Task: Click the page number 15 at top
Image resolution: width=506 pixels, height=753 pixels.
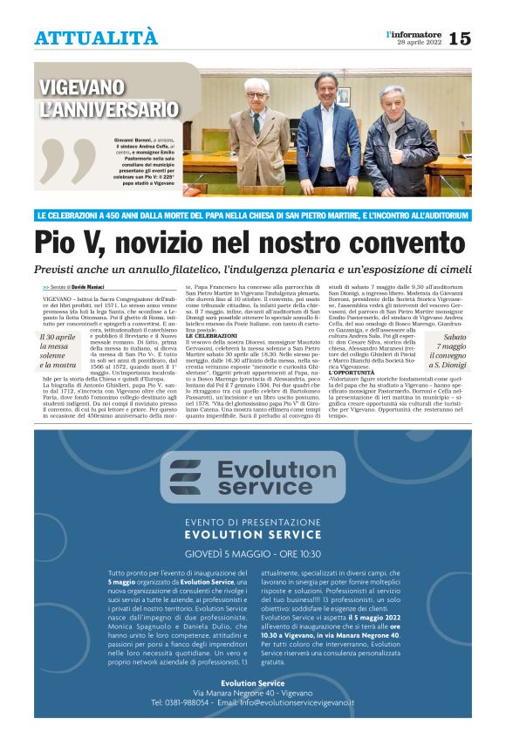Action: coord(460,38)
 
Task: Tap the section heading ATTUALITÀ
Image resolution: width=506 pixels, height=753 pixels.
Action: coord(96,38)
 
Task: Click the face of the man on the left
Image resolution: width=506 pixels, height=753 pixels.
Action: coord(256,91)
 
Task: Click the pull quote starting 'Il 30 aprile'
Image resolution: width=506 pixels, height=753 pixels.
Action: coord(58,352)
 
